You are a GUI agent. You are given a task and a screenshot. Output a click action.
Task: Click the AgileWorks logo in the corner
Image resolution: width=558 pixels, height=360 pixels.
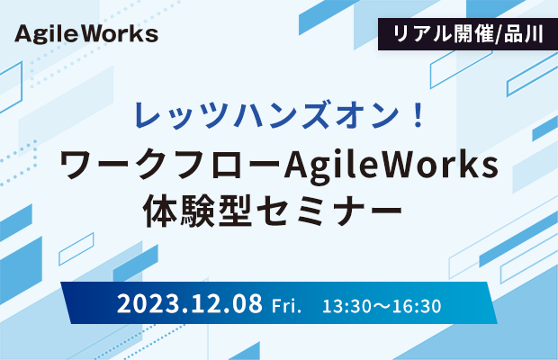(86, 34)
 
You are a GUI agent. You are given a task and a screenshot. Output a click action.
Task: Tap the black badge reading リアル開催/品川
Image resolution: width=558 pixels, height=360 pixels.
(468, 34)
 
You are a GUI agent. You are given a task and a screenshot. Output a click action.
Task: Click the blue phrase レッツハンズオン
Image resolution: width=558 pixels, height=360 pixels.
(266, 115)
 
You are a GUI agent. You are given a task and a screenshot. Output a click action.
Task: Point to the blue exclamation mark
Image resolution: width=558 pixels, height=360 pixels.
(418, 114)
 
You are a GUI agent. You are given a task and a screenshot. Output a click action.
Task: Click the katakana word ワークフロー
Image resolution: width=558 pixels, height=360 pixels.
(170, 165)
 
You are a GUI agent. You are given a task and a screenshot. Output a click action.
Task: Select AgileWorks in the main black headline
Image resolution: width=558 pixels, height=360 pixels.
(391, 166)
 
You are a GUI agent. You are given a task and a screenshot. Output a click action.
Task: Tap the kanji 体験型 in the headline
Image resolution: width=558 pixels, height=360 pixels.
(197, 211)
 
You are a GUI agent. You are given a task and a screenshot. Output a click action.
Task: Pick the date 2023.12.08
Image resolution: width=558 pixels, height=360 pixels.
(190, 303)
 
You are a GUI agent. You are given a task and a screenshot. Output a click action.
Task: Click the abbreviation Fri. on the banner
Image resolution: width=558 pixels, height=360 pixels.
(286, 306)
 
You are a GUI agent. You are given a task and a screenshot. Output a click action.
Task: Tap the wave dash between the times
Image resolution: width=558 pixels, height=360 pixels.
(381, 307)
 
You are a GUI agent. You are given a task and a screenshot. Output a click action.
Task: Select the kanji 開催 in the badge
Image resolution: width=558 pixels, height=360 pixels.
(468, 34)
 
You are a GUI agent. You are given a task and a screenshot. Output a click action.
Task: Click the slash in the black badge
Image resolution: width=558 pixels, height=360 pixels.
(499, 34)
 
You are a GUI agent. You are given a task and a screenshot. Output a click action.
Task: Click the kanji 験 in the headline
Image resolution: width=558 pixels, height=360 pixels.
(197, 211)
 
